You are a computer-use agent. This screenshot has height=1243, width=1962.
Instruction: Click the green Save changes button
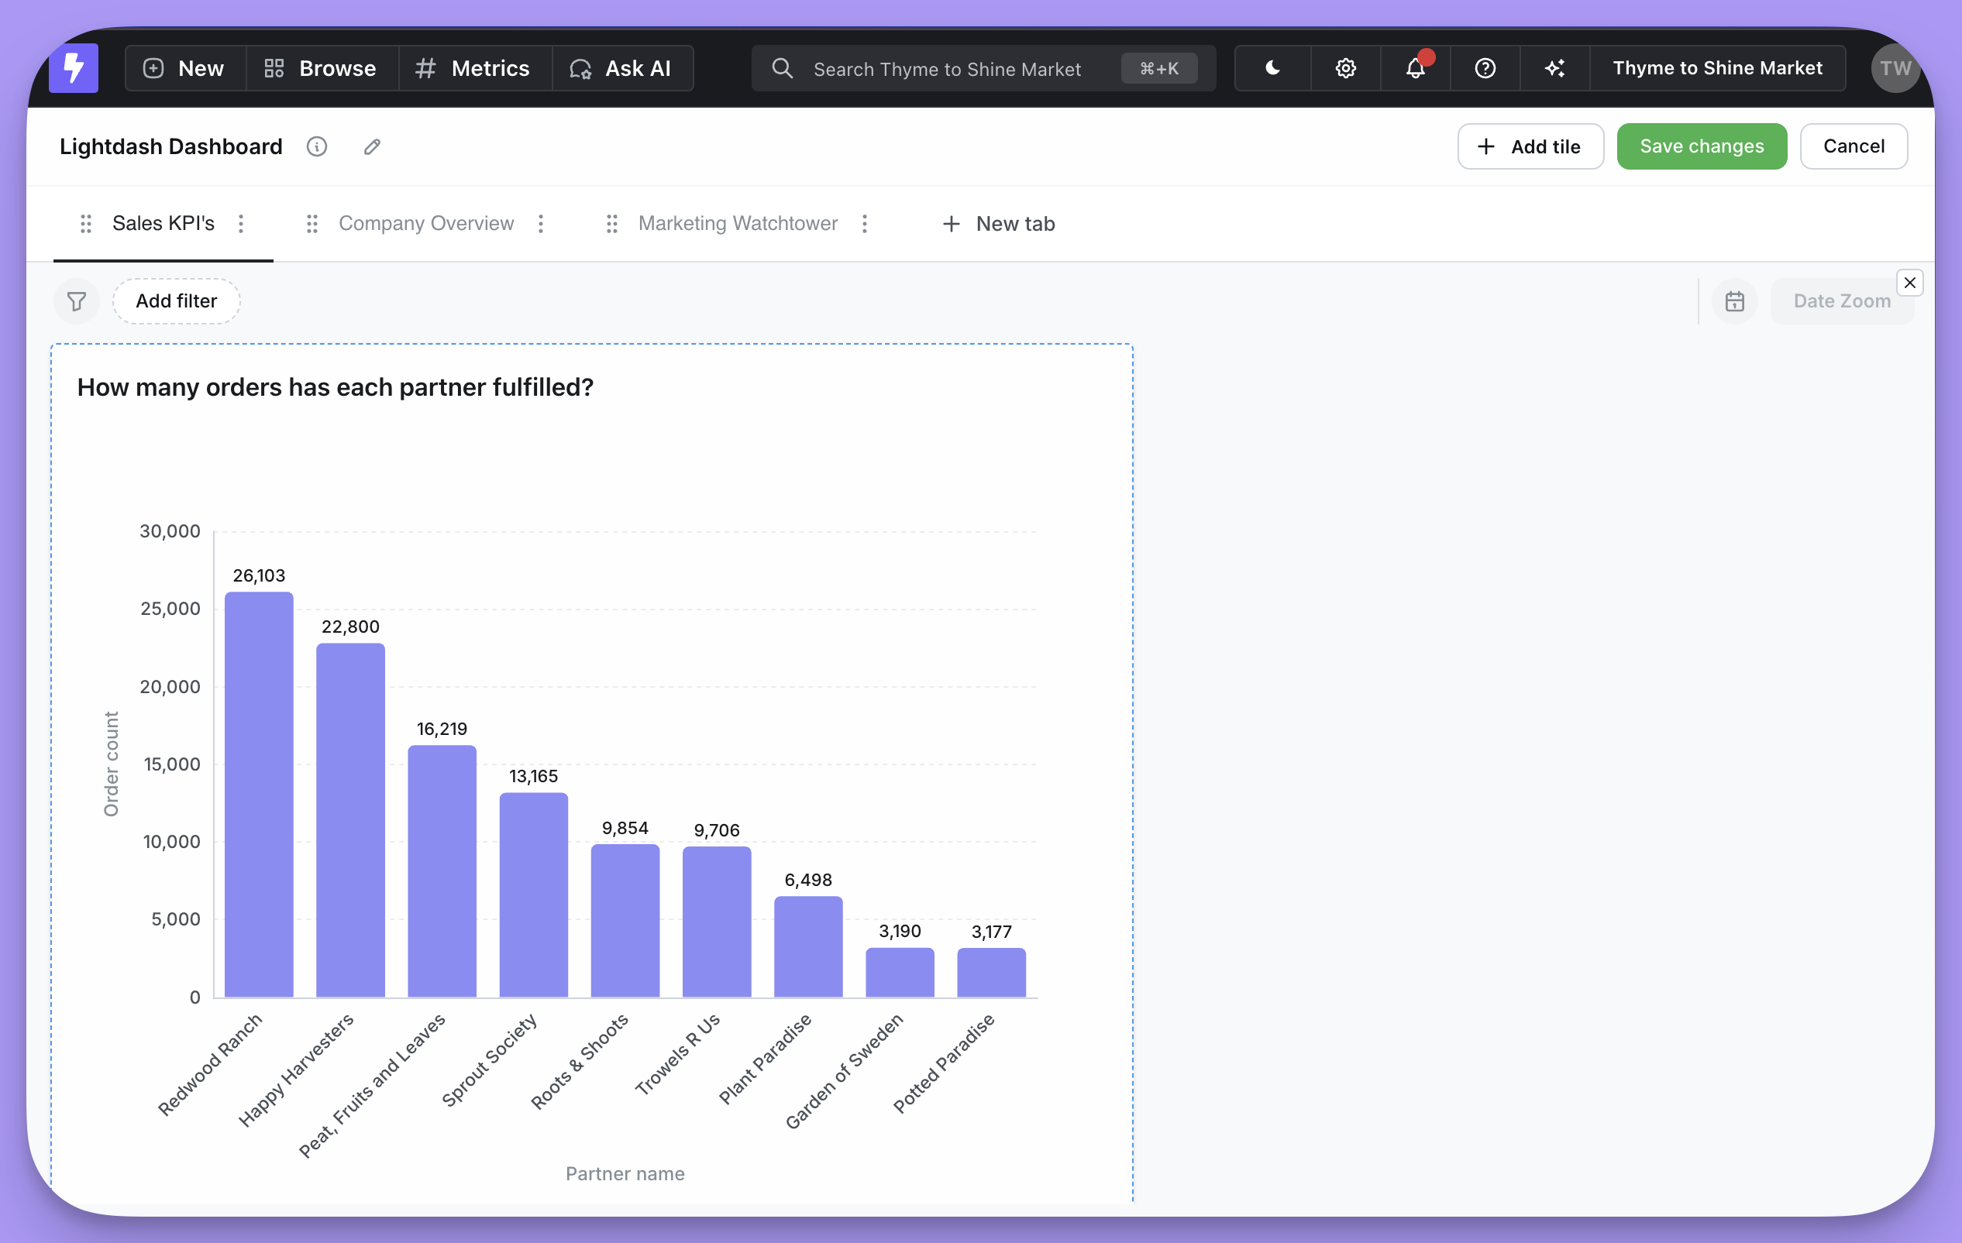1702,146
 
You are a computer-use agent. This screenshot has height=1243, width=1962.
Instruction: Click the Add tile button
1530,146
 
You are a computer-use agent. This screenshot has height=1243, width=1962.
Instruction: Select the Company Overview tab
425,223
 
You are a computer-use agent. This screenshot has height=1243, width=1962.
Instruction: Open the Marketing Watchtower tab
738,223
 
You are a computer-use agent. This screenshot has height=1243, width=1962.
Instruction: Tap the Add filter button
176,301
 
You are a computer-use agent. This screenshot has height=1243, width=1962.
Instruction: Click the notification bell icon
1415,68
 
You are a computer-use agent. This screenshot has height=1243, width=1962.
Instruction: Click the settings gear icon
1345,68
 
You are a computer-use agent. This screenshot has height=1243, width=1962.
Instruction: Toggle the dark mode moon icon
1272,68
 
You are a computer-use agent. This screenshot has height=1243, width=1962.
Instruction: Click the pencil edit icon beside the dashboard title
371,146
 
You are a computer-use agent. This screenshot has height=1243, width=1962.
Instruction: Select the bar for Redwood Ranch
259,794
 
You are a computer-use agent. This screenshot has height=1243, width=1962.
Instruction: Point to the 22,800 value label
350,627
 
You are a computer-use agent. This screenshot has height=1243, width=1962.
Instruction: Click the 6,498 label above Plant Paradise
807,880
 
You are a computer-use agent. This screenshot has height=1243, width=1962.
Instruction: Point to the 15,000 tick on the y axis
171,764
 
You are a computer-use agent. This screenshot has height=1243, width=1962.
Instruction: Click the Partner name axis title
625,1174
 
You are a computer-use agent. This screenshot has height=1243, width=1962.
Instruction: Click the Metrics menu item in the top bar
474,68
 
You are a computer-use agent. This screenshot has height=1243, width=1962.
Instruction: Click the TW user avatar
1895,68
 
